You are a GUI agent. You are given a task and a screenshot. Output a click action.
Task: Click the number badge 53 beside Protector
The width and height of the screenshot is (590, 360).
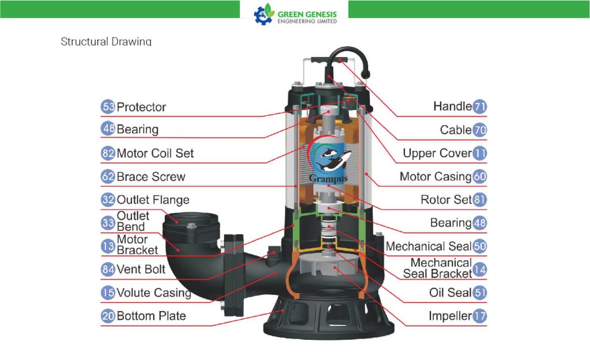click(108, 107)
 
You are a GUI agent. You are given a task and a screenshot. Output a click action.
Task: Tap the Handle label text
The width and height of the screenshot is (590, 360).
click(452, 107)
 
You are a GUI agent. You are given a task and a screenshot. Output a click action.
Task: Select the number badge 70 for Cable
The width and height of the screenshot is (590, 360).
click(479, 130)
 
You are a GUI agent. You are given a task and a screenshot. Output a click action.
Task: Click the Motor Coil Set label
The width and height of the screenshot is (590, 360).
click(155, 153)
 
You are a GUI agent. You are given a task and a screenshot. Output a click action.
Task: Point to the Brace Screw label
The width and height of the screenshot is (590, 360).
click(151, 177)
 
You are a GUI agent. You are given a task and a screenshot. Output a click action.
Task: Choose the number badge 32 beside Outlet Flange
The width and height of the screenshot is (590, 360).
click(108, 200)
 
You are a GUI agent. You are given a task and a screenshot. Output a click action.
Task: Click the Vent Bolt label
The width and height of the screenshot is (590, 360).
click(141, 270)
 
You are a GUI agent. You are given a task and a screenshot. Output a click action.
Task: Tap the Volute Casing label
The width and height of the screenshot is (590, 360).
click(154, 293)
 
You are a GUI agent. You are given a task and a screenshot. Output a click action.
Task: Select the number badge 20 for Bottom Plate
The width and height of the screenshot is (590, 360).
click(108, 316)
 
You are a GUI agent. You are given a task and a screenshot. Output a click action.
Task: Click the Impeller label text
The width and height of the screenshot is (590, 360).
click(450, 316)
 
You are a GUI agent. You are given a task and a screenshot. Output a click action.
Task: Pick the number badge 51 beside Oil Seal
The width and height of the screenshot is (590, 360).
click(479, 293)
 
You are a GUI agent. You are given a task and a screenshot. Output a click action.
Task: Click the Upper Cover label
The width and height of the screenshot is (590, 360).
click(437, 153)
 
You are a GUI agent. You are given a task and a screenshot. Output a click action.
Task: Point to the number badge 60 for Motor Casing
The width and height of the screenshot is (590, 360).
click(479, 176)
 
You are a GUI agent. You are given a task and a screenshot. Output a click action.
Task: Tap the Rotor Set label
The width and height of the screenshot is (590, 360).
click(446, 200)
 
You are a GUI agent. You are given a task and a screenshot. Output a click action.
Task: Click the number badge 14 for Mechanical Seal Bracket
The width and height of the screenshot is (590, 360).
click(479, 270)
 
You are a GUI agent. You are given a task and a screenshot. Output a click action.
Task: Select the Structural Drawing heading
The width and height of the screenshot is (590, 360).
click(106, 41)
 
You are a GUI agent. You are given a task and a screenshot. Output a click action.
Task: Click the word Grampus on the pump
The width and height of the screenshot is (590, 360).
click(328, 179)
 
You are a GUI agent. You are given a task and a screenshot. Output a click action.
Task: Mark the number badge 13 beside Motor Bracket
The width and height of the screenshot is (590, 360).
click(108, 246)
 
